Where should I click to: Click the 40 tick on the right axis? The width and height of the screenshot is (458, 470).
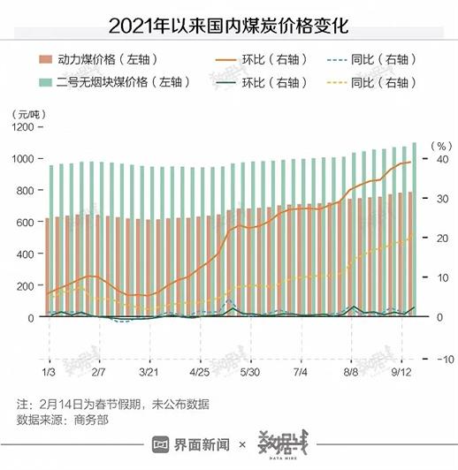point(436,159)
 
